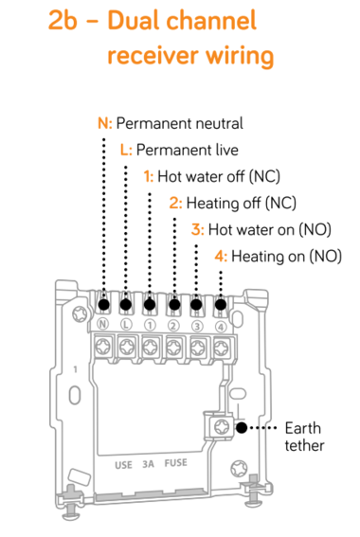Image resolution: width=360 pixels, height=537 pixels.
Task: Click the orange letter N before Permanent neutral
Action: [x=103, y=123]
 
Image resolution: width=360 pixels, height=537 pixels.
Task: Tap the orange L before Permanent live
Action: [x=124, y=150]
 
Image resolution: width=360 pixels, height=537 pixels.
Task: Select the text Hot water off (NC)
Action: [x=219, y=177]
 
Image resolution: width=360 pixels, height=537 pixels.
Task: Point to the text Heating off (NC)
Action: [x=242, y=203]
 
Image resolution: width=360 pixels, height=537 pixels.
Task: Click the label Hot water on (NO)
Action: [x=270, y=230]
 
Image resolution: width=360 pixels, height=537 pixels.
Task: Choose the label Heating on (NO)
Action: [x=286, y=256]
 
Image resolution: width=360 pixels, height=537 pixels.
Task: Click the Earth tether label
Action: [x=304, y=437]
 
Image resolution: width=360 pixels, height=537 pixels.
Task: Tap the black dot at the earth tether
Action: [x=242, y=428]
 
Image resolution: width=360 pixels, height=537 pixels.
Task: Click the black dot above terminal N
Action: [x=103, y=304]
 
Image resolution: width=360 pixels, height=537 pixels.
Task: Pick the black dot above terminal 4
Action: [x=221, y=304]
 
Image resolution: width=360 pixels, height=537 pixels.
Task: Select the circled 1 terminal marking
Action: [x=150, y=326]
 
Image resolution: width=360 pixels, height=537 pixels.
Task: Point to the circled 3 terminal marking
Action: [x=197, y=326]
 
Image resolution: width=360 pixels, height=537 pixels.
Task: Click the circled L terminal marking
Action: [x=126, y=324]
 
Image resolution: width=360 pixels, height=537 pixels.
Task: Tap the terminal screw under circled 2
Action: [x=173, y=348]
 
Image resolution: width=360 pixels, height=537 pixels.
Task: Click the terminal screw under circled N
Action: [x=102, y=348]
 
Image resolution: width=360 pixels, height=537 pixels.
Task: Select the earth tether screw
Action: [x=222, y=427]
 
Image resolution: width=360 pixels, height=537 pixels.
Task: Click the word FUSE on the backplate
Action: [x=175, y=463]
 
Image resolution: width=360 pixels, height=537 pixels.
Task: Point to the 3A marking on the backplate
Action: [x=148, y=464]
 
